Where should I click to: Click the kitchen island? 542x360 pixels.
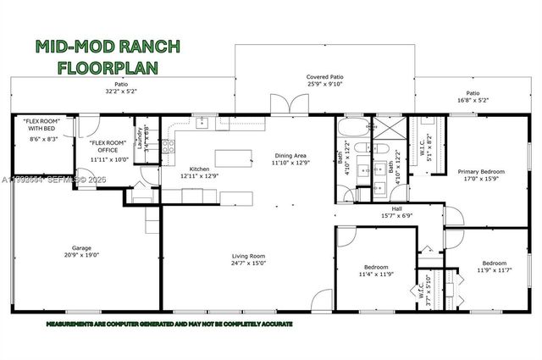(234, 157)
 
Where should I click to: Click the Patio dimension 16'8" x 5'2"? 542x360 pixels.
(472, 100)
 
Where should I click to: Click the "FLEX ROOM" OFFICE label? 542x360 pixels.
(108, 149)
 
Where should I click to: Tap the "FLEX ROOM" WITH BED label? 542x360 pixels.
(42, 133)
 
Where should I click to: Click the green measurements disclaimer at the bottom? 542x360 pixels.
(169, 324)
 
